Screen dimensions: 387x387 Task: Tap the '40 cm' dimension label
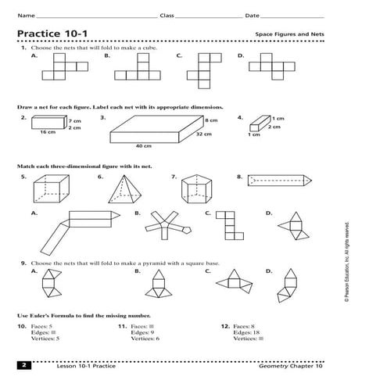(142, 146)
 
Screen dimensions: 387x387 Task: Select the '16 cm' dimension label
(48, 133)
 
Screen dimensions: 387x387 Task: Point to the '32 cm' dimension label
(204, 134)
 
